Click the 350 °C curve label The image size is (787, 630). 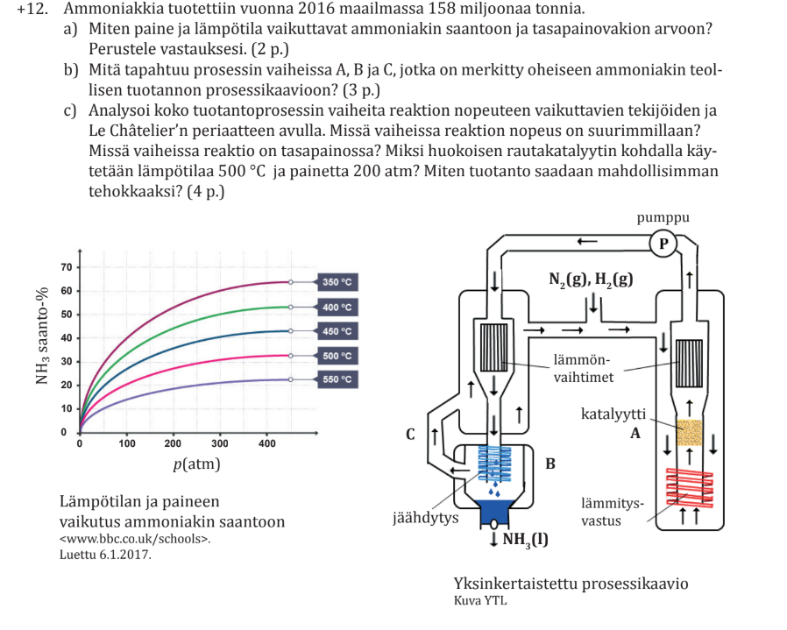337,282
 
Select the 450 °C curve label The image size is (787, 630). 337,331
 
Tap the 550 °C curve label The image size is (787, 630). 337,379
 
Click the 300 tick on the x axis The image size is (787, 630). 220,444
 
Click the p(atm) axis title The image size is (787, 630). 196,464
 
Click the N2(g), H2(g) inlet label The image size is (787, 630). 590,280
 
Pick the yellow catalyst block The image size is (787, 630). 690,433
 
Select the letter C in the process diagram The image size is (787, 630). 410,434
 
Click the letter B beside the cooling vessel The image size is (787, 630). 550,462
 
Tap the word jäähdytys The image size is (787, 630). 425,518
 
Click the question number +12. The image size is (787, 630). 31,10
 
